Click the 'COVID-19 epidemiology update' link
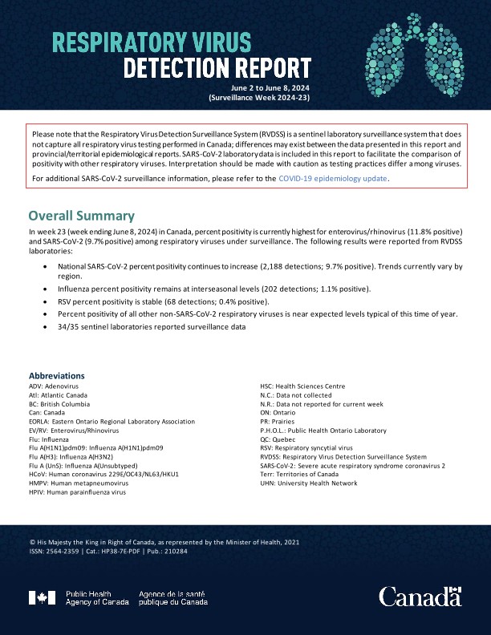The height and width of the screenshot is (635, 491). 333,178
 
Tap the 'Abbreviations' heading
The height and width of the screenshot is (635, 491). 56,375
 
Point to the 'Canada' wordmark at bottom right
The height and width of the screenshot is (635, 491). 420,597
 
